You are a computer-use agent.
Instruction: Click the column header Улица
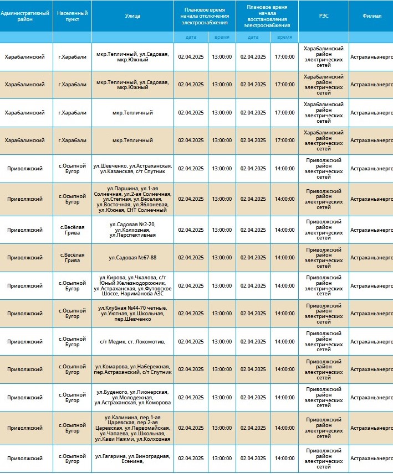132,16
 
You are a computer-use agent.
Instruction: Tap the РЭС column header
323,16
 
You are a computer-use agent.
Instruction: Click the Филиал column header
371,16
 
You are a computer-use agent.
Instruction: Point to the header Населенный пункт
72,16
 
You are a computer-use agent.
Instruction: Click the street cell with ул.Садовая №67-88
132,258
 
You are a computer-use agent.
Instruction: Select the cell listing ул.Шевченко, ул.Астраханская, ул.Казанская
132,169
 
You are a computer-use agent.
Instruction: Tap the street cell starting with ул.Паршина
132,199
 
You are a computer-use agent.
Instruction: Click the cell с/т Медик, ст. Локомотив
132,341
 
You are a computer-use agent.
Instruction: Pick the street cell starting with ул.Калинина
132,428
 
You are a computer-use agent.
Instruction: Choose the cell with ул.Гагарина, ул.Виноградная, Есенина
132,459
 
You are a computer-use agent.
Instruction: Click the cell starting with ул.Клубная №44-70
132,314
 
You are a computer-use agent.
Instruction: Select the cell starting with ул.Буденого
132,397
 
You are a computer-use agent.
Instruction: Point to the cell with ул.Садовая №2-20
132,230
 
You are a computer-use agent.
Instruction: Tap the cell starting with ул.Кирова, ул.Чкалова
132,285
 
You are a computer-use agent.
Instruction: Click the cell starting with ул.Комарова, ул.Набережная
132,369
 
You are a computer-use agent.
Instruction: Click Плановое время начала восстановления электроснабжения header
267,16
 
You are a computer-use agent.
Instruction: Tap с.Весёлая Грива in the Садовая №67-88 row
72,258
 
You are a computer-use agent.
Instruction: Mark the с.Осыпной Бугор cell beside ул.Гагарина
72,459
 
